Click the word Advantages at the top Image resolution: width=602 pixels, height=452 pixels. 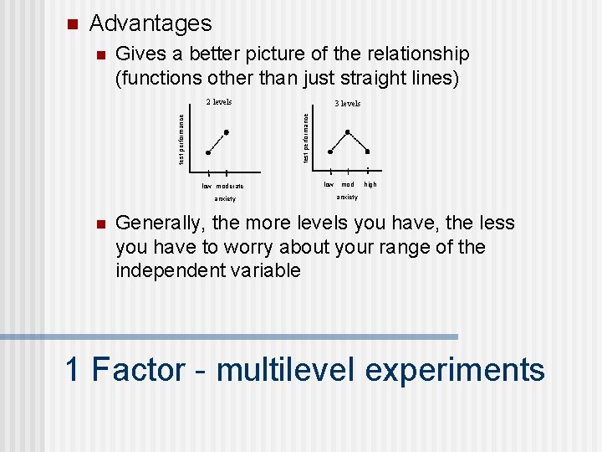tap(150, 23)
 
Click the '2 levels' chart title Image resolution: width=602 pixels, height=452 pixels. tap(219, 102)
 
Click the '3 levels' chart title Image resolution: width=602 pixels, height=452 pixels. tap(347, 103)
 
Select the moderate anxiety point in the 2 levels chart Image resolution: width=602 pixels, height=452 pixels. tap(227, 132)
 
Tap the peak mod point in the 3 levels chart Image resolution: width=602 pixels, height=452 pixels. tap(349, 131)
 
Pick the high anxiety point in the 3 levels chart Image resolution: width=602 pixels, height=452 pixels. tap(368, 152)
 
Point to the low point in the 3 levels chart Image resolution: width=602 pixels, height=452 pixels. tap(330, 152)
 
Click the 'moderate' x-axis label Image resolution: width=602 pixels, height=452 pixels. tap(230, 186)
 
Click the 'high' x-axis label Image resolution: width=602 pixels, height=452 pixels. tap(370, 184)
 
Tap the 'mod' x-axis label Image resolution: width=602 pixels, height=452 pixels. tap(348, 184)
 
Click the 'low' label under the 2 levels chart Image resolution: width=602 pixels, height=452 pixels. tap(207, 186)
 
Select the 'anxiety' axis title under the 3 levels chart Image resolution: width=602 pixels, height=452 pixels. tap(347, 198)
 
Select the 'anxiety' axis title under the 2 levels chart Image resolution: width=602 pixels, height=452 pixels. tap(225, 199)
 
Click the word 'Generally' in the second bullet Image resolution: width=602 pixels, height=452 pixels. tap(160, 223)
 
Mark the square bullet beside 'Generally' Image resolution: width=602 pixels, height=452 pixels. tap(98, 224)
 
